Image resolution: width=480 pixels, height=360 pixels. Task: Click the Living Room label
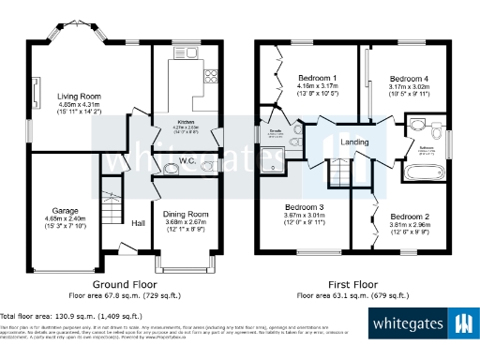(78, 94)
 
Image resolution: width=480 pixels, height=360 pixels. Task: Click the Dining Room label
(186, 214)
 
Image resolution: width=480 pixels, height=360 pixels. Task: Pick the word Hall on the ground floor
(138, 222)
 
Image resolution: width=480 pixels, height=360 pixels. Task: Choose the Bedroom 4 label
(409, 78)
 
